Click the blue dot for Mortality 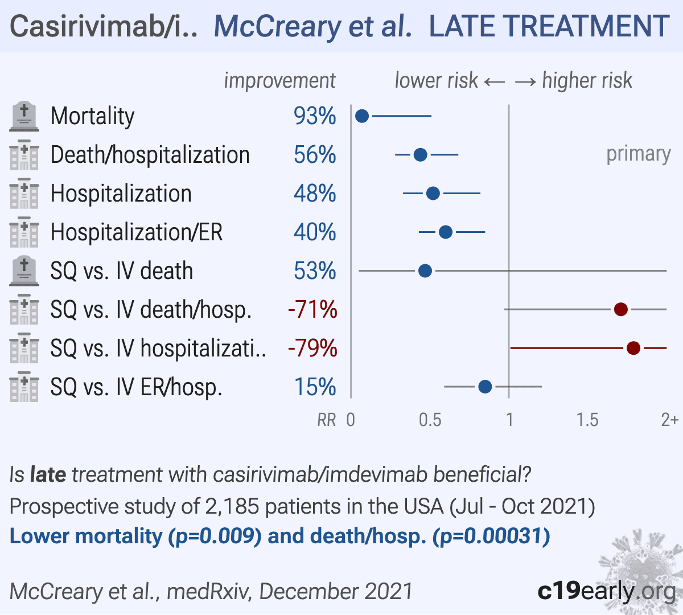pyautogui.click(x=362, y=116)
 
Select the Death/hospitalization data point pyautogui.click(x=420, y=155)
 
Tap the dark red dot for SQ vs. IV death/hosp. pyautogui.click(x=621, y=309)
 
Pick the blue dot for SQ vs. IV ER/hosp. pyautogui.click(x=485, y=387)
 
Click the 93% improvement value pyautogui.click(x=315, y=116)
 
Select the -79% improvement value pyautogui.click(x=312, y=348)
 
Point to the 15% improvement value pyautogui.click(x=315, y=387)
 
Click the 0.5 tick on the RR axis pyautogui.click(x=430, y=420)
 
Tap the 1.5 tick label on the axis pyautogui.click(x=587, y=420)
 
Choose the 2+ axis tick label pyautogui.click(x=669, y=420)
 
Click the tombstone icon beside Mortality pyautogui.click(x=24, y=116)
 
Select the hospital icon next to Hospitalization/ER pyautogui.click(x=24, y=232)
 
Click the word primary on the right pyautogui.click(x=638, y=154)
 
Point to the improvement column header pyautogui.click(x=279, y=81)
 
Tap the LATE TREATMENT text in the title pyautogui.click(x=549, y=26)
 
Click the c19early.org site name pyautogui.click(x=606, y=591)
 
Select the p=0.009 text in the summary pyautogui.click(x=215, y=536)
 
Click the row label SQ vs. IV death pyautogui.click(x=122, y=271)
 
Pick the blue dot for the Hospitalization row pyautogui.click(x=433, y=194)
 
